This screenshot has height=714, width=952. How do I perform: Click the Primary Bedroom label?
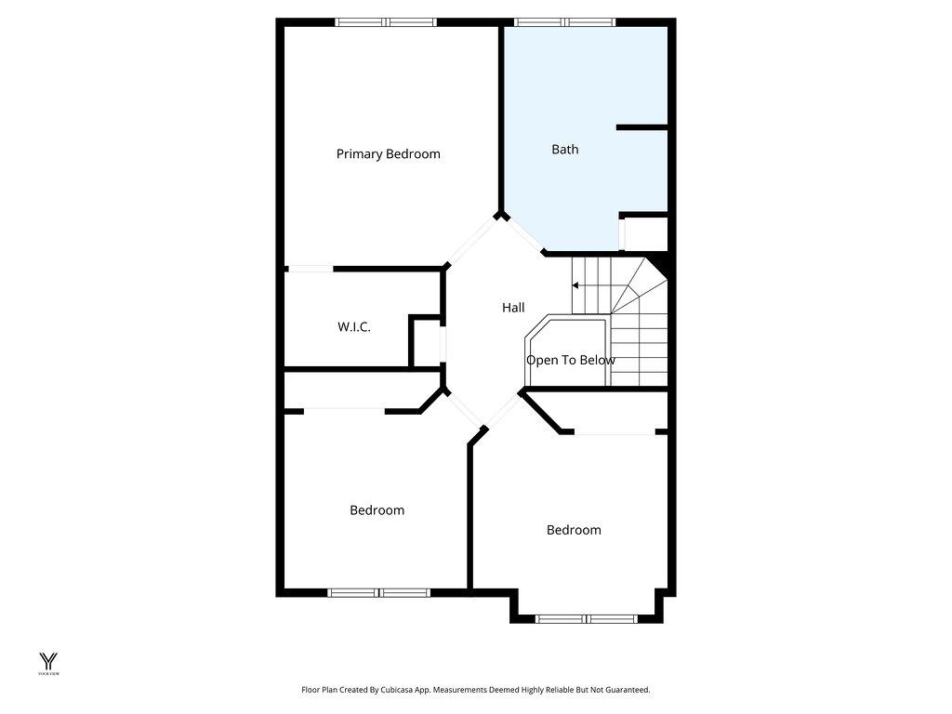click(x=388, y=154)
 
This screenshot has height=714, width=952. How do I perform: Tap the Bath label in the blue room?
click(x=564, y=150)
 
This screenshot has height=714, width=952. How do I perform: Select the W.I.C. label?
click(x=354, y=326)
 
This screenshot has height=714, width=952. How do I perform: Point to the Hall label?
click(x=513, y=308)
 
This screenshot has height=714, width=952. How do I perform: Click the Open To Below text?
click(x=571, y=360)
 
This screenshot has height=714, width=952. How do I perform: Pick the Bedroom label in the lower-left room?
click(x=377, y=510)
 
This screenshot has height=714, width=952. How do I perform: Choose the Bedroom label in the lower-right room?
click(x=574, y=530)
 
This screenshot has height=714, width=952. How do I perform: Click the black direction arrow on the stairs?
click(x=575, y=285)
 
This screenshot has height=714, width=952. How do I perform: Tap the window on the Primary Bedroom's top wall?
click(x=386, y=22)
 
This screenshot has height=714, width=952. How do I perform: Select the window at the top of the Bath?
click(x=564, y=22)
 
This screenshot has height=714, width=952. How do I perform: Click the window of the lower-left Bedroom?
click(x=379, y=592)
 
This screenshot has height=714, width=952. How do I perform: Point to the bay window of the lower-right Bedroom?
click(x=587, y=619)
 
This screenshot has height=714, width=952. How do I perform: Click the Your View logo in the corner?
click(x=48, y=664)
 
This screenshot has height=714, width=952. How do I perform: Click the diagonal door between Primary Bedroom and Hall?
click(x=472, y=241)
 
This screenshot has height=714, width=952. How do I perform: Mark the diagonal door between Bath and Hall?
click(x=524, y=235)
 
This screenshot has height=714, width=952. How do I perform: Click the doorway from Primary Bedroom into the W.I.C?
click(x=311, y=269)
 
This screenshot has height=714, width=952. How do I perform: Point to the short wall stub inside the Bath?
click(x=641, y=127)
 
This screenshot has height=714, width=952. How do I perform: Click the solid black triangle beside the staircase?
click(x=659, y=266)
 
